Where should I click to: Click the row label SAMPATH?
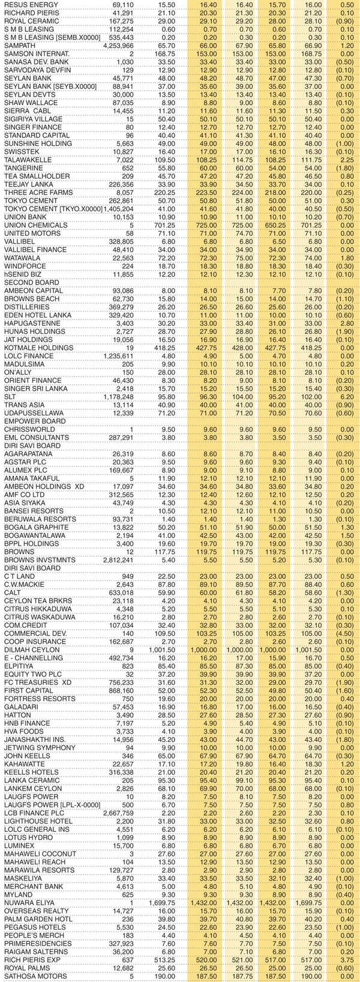pos(19,46)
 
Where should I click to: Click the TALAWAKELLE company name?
pos(28,161)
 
